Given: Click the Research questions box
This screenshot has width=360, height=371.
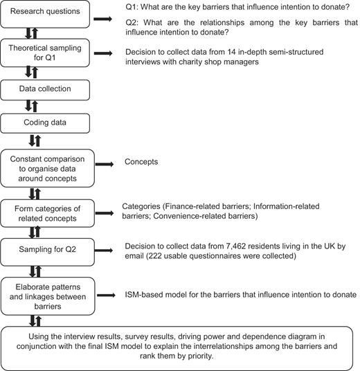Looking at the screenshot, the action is point(45,14).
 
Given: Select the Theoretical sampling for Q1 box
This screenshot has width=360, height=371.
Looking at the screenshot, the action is point(45,53).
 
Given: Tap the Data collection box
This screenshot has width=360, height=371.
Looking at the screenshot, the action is point(45,90).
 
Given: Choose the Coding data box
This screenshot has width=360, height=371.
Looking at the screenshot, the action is point(45,123).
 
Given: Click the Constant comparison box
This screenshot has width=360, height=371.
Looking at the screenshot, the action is point(47,168).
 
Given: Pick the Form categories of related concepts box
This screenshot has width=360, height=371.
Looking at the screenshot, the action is point(47,213).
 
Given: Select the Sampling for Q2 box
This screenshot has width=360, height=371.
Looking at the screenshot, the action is point(47,252).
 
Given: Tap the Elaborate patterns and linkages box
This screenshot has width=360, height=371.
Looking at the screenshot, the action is point(48,296).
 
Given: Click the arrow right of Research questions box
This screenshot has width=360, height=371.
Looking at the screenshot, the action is point(102,19).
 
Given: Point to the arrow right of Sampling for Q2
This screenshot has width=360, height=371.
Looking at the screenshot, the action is point(104,251).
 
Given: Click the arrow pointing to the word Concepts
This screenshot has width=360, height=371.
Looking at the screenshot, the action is point(105,164).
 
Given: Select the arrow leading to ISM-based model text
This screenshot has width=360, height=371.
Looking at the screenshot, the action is point(107,295).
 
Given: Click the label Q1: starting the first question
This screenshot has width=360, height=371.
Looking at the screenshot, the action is point(132,7).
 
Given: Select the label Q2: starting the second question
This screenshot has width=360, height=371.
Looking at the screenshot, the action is point(132,23).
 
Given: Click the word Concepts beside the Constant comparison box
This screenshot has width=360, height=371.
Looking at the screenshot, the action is point(141,162).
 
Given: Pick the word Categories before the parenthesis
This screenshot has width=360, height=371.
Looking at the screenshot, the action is point(141,206).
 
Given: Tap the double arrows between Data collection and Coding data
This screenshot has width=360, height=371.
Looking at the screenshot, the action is point(31,107).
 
